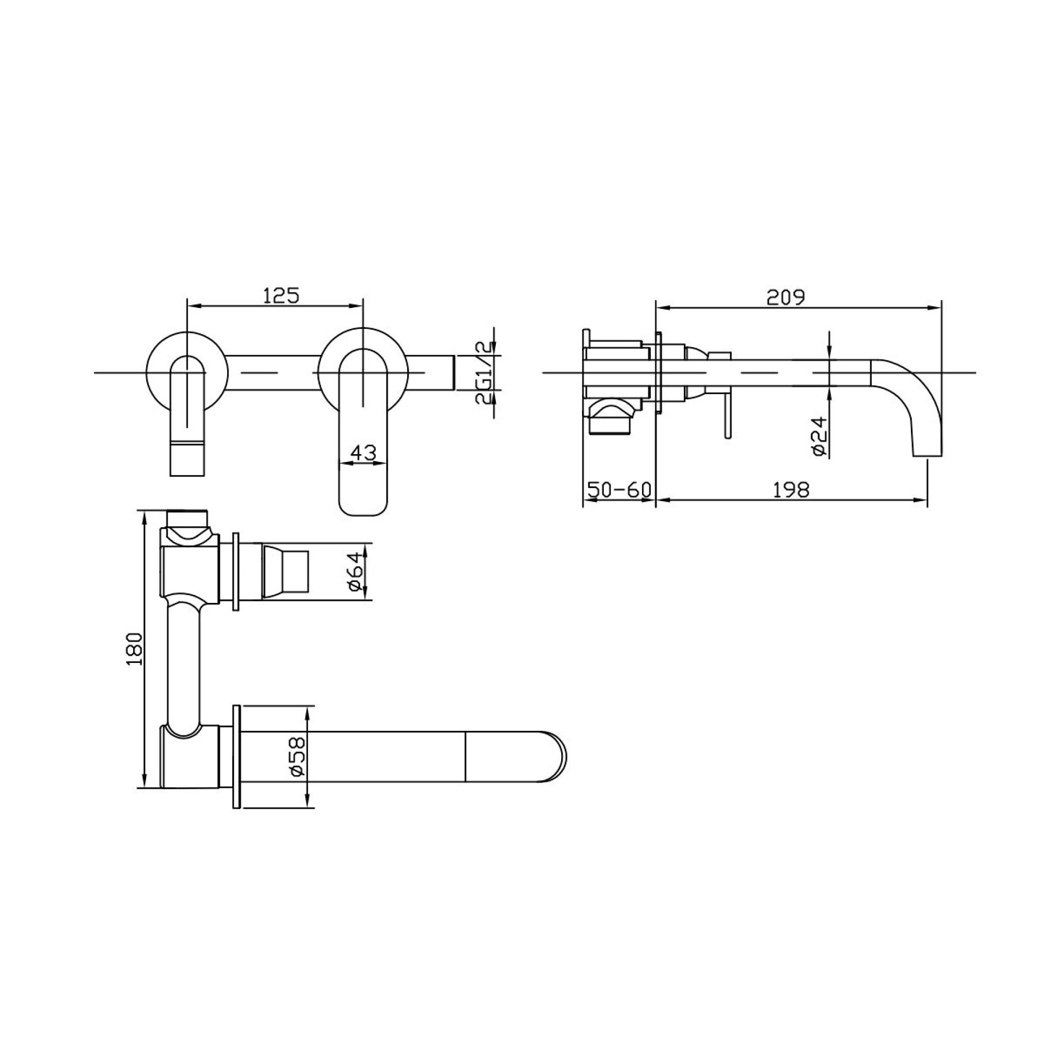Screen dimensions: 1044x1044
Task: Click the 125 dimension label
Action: click(281, 295)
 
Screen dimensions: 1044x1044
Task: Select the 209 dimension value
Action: click(786, 297)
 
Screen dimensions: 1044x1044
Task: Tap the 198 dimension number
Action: click(791, 490)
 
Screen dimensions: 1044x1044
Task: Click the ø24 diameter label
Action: click(820, 435)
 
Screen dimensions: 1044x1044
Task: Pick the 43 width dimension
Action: click(363, 452)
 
